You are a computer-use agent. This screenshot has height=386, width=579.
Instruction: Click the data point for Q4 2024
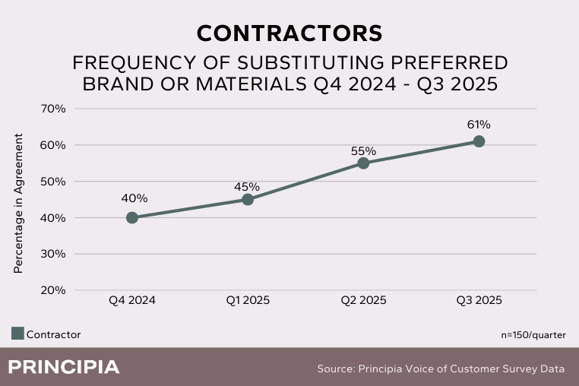pos(132,217)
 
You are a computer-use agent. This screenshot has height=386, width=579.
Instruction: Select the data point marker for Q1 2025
pos(248,200)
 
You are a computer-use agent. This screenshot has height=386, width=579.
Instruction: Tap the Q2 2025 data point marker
pos(363,163)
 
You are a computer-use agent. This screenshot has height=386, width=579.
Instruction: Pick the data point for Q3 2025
pos(479,141)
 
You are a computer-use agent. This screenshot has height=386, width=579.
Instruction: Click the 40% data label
pos(134,198)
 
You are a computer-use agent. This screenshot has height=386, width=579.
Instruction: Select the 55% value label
pos(364,150)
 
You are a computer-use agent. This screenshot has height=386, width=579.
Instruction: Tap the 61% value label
pos(479,125)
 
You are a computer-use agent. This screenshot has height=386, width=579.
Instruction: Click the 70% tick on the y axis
pos(52,109)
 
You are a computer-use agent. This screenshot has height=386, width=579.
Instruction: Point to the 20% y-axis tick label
pos(52,290)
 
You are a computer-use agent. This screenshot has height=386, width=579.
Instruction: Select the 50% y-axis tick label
pos(52,182)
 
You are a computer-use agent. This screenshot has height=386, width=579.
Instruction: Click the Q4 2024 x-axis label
pos(132,301)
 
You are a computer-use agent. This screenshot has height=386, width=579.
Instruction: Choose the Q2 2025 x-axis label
pos(363,301)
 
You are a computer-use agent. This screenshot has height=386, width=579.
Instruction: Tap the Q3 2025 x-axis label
pos(479,301)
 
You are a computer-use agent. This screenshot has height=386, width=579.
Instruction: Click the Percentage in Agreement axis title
pos(19,204)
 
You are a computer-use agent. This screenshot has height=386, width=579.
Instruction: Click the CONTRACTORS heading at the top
pos(289,33)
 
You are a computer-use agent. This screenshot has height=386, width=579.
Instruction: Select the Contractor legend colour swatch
pos(17,334)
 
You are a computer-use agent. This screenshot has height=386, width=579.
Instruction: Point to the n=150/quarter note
pos(533,334)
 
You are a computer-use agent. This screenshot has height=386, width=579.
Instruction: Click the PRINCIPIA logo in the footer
pos(64,368)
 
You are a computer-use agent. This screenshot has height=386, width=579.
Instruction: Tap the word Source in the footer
pos(336,369)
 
